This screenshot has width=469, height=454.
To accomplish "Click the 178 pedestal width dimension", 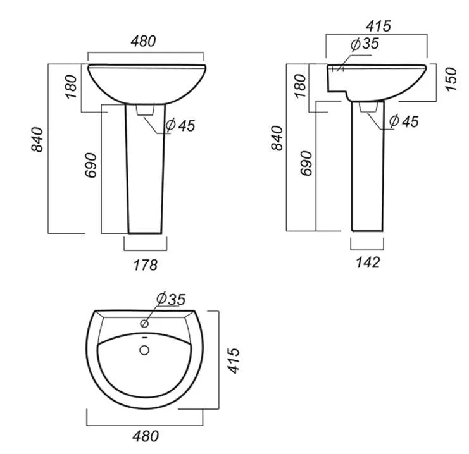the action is [146, 265].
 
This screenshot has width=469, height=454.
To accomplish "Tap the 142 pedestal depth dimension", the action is [368, 262].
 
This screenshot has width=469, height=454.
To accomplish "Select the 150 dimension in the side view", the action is [451, 79].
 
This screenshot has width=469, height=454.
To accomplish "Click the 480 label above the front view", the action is [143, 41].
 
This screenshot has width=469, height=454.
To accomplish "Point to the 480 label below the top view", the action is [146, 436].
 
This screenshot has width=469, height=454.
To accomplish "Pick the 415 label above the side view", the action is [378, 26].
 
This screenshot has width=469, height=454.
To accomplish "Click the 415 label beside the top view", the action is [234, 360].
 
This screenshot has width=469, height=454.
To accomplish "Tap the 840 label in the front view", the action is [37, 140].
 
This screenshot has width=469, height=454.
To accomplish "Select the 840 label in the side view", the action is [277, 138].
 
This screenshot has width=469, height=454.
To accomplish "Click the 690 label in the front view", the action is [91, 165].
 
